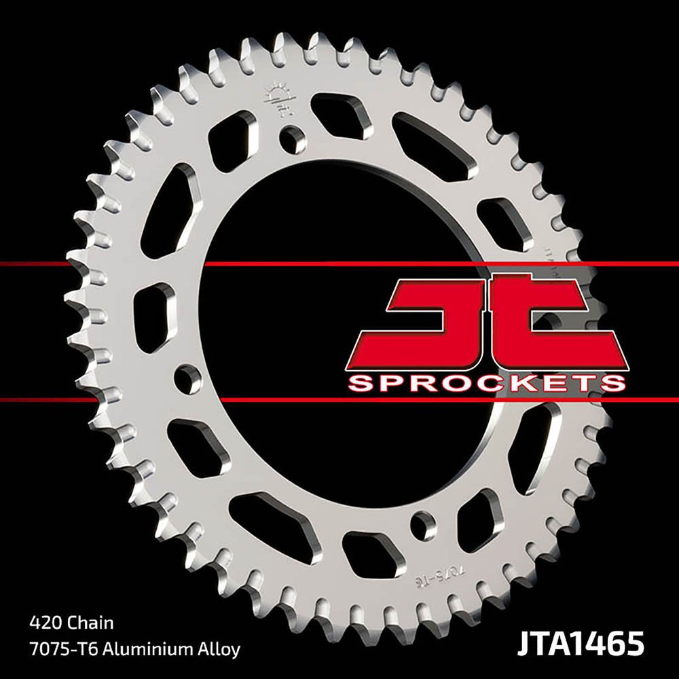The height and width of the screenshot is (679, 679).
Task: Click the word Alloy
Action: click(x=219, y=649)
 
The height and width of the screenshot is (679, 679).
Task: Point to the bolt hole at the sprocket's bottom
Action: click(x=425, y=526)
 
